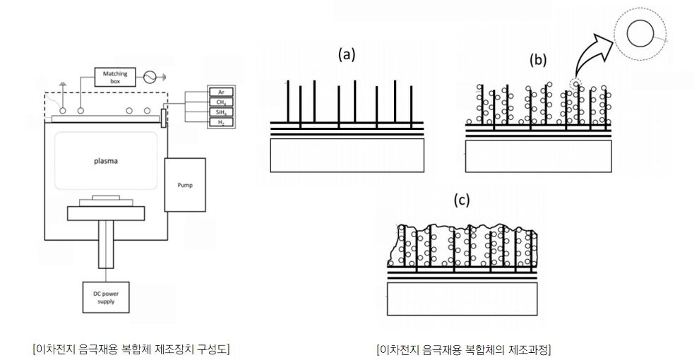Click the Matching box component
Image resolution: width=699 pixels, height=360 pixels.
(x=114, y=76)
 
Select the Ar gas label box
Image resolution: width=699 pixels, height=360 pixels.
(x=220, y=92)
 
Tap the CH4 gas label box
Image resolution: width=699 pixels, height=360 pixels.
(x=220, y=102)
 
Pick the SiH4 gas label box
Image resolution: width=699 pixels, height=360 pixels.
(x=220, y=112)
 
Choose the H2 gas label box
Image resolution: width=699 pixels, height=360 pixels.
(x=220, y=123)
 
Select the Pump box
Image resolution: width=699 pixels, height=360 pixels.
(x=184, y=184)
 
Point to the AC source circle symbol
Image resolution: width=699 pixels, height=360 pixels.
(x=149, y=76)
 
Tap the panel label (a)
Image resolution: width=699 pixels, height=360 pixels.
(x=346, y=54)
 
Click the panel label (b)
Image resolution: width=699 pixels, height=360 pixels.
(x=539, y=60)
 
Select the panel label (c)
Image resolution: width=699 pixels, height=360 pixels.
(x=460, y=200)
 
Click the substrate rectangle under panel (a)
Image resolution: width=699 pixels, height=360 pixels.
(x=347, y=155)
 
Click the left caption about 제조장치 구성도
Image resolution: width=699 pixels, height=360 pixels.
(x=131, y=348)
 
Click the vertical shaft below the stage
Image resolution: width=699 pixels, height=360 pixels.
(x=106, y=244)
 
